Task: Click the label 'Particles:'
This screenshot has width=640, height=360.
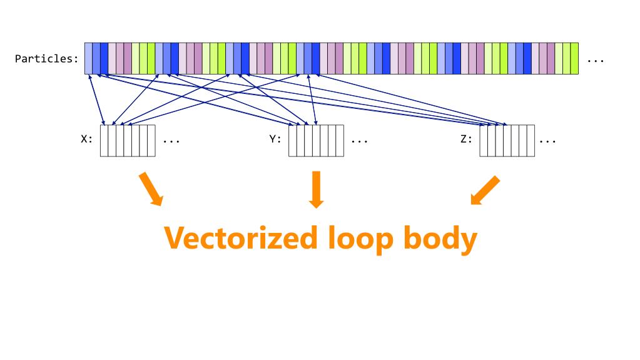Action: point(46,59)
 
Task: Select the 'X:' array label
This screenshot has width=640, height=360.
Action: point(86,139)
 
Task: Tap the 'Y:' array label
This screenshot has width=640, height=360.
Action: point(275,139)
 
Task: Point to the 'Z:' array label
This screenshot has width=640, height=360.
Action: point(466,139)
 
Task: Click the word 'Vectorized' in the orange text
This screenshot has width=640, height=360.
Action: point(241,238)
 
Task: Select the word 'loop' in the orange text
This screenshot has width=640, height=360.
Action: point(360,239)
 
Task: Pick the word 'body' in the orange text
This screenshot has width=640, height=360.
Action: point(440,239)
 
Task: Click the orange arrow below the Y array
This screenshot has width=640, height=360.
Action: point(317,190)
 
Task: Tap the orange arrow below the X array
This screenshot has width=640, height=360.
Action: point(151,189)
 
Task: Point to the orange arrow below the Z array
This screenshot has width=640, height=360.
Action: point(485,190)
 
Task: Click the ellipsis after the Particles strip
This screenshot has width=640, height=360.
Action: point(596,61)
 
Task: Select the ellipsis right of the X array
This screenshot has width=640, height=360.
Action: point(171,141)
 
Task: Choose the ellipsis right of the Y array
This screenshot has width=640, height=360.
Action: point(360,141)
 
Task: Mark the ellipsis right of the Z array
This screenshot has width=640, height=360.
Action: point(548,141)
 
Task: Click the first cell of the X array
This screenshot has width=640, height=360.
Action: point(104,141)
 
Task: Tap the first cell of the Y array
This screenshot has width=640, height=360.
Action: point(293,141)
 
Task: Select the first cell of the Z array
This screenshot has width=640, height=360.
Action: point(484,141)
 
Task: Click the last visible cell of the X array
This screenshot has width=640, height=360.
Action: point(151,141)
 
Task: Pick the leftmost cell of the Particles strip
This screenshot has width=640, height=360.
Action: point(89,58)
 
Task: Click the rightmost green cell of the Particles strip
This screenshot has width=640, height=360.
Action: point(575,58)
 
